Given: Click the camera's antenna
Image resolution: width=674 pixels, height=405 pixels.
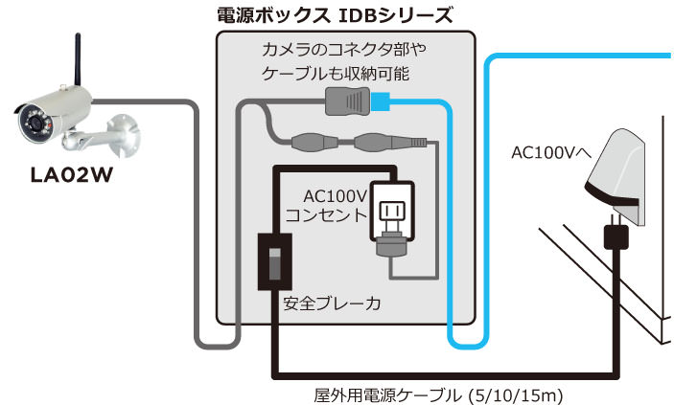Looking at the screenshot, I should click(75, 61).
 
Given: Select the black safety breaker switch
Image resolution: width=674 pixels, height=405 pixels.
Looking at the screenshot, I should click(274, 259).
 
